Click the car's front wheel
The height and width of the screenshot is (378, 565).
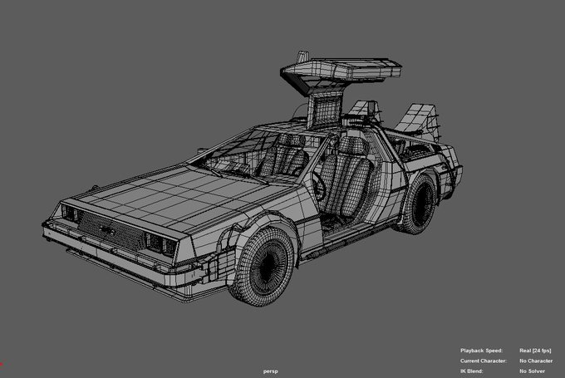(x=263, y=267)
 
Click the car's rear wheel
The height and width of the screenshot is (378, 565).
(x=417, y=204)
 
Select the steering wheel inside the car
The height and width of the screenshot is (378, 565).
(x=319, y=186)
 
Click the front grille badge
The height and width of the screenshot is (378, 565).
(x=107, y=229)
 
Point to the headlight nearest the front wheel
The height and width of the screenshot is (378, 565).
(x=160, y=244)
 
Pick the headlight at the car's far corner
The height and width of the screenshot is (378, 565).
(x=71, y=213)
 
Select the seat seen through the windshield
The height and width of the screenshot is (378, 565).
(x=285, y=157)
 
